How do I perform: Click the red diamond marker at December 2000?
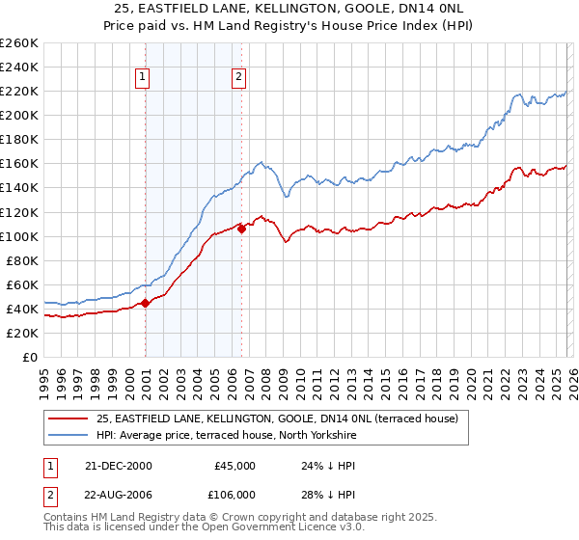(145, 302)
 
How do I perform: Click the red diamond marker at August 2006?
(241, 229)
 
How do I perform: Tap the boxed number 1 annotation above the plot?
(143, 78)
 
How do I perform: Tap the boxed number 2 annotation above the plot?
(238, 78)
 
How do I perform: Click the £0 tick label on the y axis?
(31, 357)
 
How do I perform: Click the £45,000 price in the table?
(233, 466)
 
